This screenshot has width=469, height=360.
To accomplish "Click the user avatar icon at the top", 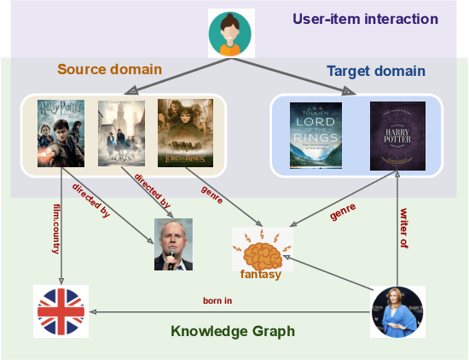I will tap(231, 33).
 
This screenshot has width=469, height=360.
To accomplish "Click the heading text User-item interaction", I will tap(365, 19).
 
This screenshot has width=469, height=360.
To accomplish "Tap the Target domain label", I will tap(375, 72).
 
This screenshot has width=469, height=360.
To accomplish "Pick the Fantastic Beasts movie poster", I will tap(118, 133).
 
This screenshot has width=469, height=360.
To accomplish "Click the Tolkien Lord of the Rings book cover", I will tap(316, 135).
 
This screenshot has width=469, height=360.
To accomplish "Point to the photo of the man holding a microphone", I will tap(173, 245).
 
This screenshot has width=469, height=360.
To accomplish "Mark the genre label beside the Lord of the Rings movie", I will tap(212, 193).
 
